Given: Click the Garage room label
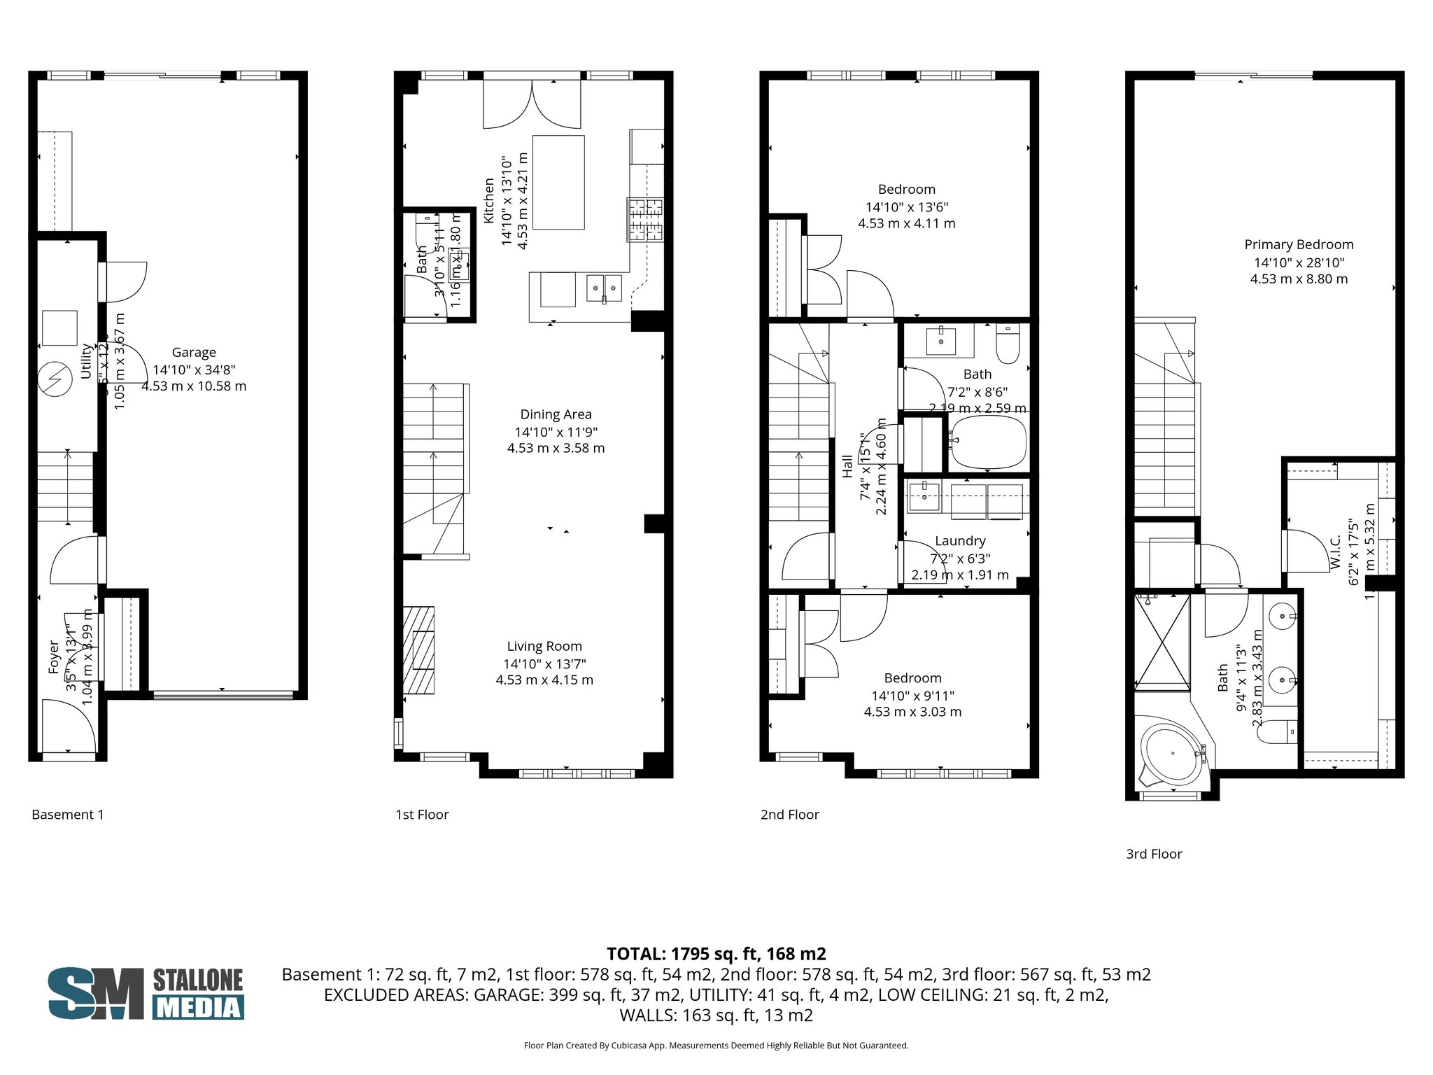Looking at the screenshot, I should tap(194, 353).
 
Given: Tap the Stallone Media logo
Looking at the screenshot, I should tap(146, 993).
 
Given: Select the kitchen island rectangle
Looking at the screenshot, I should tap(558, 183).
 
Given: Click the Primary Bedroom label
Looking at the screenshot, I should tap(1299, 245).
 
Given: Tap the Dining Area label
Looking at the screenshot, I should tap(556, 414).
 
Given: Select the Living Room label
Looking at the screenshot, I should tap(544, 647).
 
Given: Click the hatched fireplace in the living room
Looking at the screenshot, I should tap(419, 650).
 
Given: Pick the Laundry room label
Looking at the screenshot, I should tap(960, 541).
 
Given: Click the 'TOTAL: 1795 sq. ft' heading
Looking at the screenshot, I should tap(716, 953).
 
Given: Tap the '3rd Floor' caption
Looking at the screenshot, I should tap(1154, 854).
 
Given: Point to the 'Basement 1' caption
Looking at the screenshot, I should tap(68, 815).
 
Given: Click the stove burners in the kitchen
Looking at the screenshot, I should tap(644, 220).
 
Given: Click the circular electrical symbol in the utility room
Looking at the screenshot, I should tap(56, 379).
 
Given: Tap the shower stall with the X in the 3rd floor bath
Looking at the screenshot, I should tap(1162, 639).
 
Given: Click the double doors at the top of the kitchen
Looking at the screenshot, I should tap(532, 104).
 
